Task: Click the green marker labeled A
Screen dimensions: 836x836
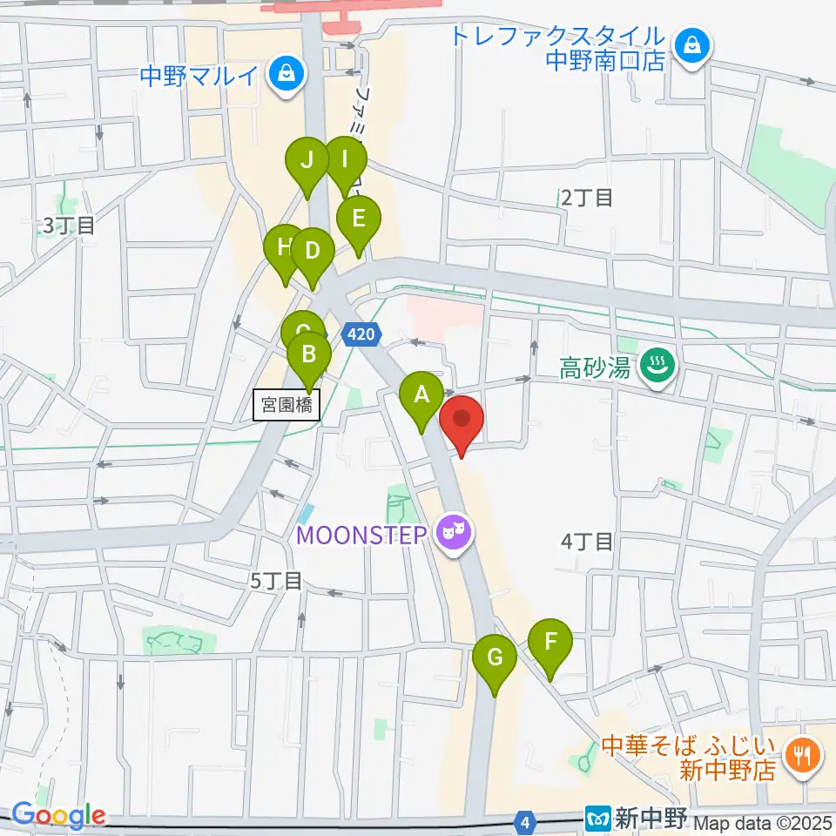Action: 421,396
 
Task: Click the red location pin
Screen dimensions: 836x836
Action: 462,420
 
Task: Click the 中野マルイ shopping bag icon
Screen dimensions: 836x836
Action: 286,76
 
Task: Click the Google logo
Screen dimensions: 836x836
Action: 58,815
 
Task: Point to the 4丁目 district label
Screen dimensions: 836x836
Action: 587,542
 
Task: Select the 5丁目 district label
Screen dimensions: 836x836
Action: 275,581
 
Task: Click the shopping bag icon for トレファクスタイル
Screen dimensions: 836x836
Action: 692,44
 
